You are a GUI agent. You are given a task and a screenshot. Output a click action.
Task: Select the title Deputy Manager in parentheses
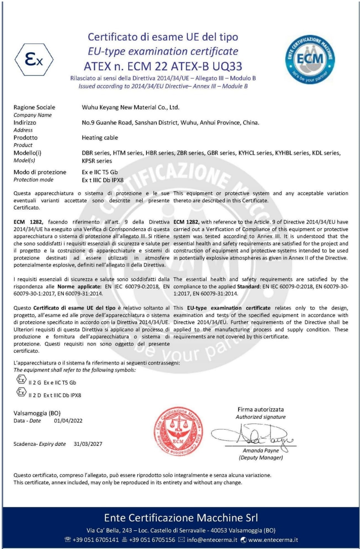(x=260, y=457)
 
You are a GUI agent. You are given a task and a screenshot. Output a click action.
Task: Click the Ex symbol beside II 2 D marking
(x=21, y=392)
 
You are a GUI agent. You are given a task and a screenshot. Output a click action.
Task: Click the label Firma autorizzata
(x=260, y=409)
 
